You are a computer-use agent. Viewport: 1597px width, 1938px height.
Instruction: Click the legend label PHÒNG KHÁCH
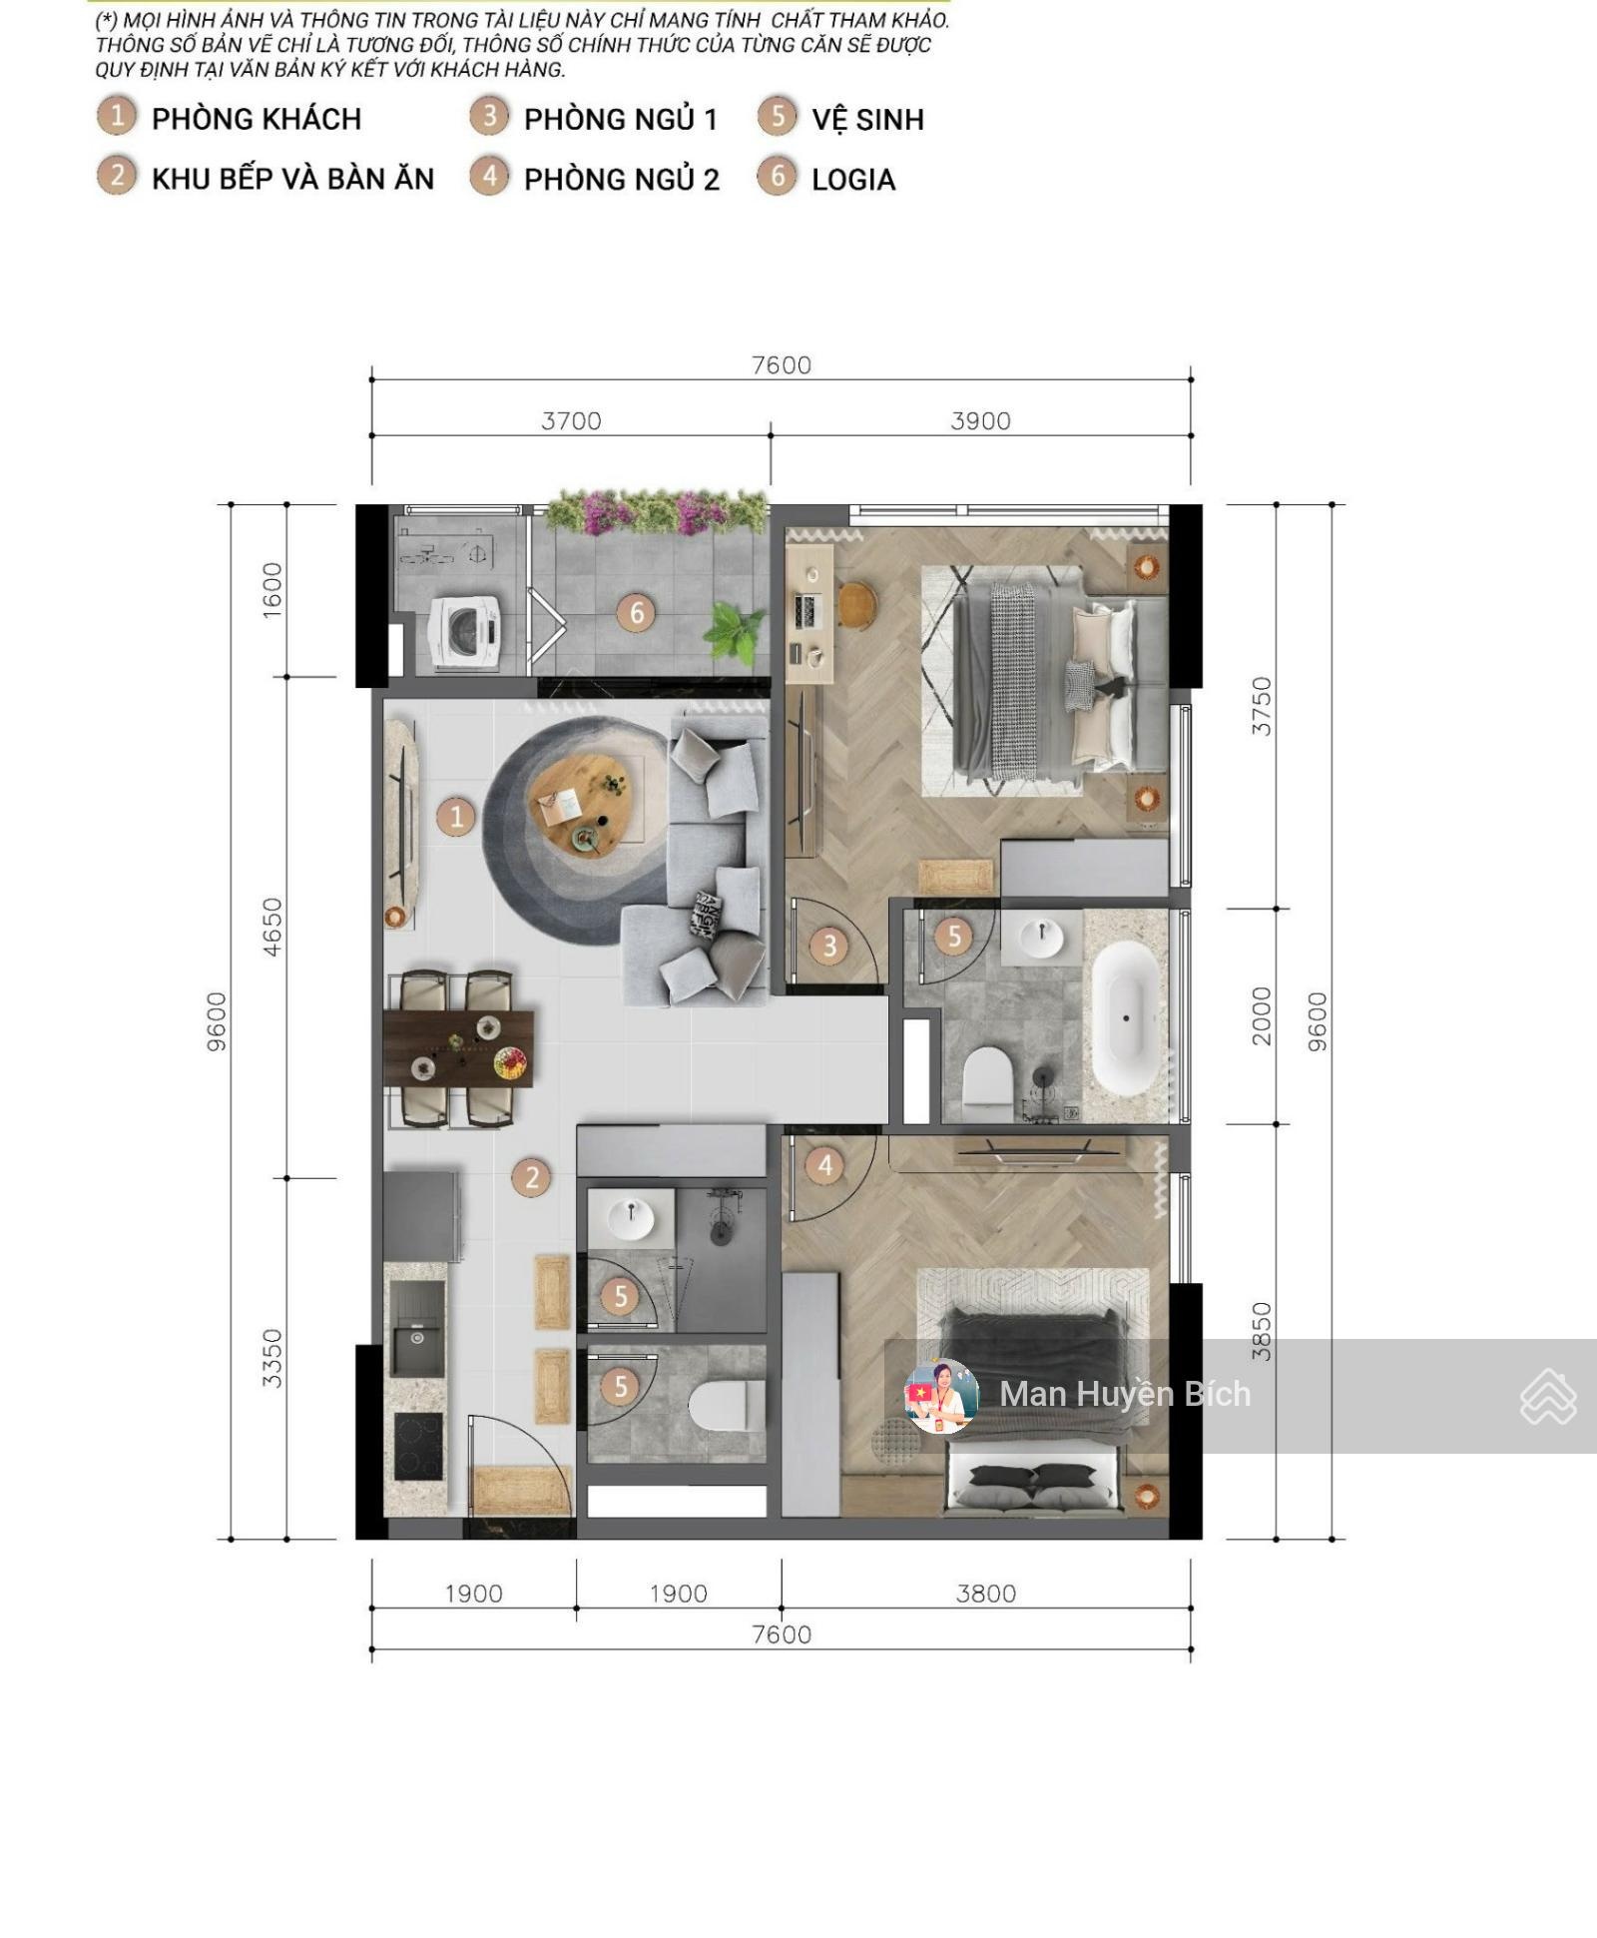coord(256,120)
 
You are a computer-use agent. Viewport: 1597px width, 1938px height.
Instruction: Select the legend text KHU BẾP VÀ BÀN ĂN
coord(292,180)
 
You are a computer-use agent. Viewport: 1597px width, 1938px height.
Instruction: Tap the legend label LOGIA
coord(852,180)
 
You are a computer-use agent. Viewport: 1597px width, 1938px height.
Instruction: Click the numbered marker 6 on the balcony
coord(636,612)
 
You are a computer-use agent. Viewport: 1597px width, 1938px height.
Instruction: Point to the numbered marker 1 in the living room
coord(456,817)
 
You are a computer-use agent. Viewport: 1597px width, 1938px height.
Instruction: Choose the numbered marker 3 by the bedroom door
coord(828,946)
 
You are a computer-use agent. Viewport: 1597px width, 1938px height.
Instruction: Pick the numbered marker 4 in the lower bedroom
coord(824,1165)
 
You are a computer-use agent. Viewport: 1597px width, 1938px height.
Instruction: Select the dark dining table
coord(458,1047)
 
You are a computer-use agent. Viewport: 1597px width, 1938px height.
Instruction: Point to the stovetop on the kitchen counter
coord(418,1445)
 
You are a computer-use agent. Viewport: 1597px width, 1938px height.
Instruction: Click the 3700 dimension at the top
coord(571,421)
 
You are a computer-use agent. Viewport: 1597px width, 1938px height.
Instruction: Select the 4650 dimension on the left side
coord(271,927)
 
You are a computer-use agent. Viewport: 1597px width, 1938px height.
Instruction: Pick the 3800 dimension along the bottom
coord(985,1594)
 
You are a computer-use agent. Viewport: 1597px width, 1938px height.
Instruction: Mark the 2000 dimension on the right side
coord(1262,1015)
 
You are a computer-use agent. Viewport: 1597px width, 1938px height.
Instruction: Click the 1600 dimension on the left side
coord(271,590)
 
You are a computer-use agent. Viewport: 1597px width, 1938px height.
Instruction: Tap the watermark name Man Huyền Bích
coord(1125,1394)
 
